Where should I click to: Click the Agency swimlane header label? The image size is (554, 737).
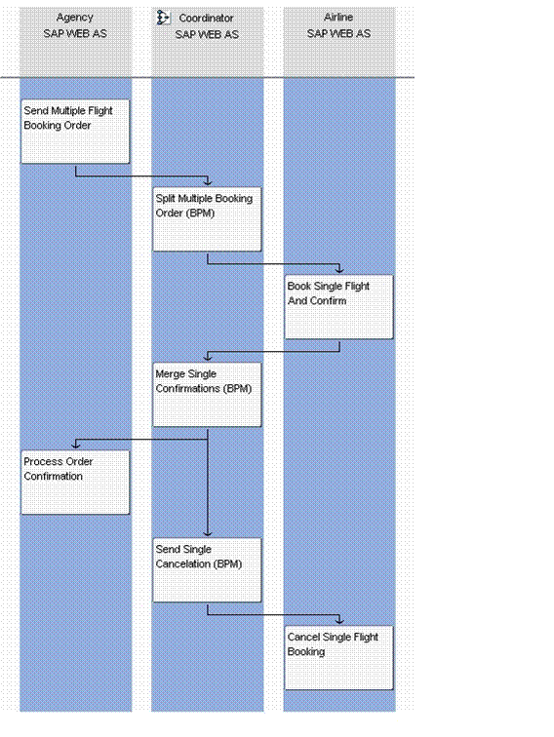tap(75, 18)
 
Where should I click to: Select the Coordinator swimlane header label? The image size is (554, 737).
tap(206, 19)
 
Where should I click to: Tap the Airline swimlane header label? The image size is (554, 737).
tap(338, 18)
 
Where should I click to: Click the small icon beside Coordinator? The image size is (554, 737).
tap(163, 18)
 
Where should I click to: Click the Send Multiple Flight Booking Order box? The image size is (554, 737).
tap(75, 132)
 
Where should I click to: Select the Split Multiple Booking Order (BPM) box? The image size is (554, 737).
tap(207, 219)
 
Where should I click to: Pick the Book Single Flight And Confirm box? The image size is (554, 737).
tap(338, 306)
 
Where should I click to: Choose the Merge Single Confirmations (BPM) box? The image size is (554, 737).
tap(207, 395)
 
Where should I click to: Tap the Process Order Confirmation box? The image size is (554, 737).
tap(75, 483)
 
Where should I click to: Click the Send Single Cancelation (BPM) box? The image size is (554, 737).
tap(207, 569)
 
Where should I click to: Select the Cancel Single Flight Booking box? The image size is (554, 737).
tap(338, 658)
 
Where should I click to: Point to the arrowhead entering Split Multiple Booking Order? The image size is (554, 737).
tap(208, 182)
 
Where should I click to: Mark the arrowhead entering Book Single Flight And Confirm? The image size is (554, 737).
tap(339, 269)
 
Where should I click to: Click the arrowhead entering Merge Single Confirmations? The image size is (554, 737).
tap(208, 357)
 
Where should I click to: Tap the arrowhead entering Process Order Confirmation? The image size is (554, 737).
tap(76, 445)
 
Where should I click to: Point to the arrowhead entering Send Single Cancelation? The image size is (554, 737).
tap(208, 533)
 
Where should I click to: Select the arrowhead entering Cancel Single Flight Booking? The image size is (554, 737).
tap(339, 620)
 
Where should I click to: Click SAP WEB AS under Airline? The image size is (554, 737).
tap(338, 34)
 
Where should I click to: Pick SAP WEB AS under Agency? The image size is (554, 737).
tap(75, 34)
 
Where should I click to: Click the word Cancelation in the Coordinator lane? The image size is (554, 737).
tap(182, 564)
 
